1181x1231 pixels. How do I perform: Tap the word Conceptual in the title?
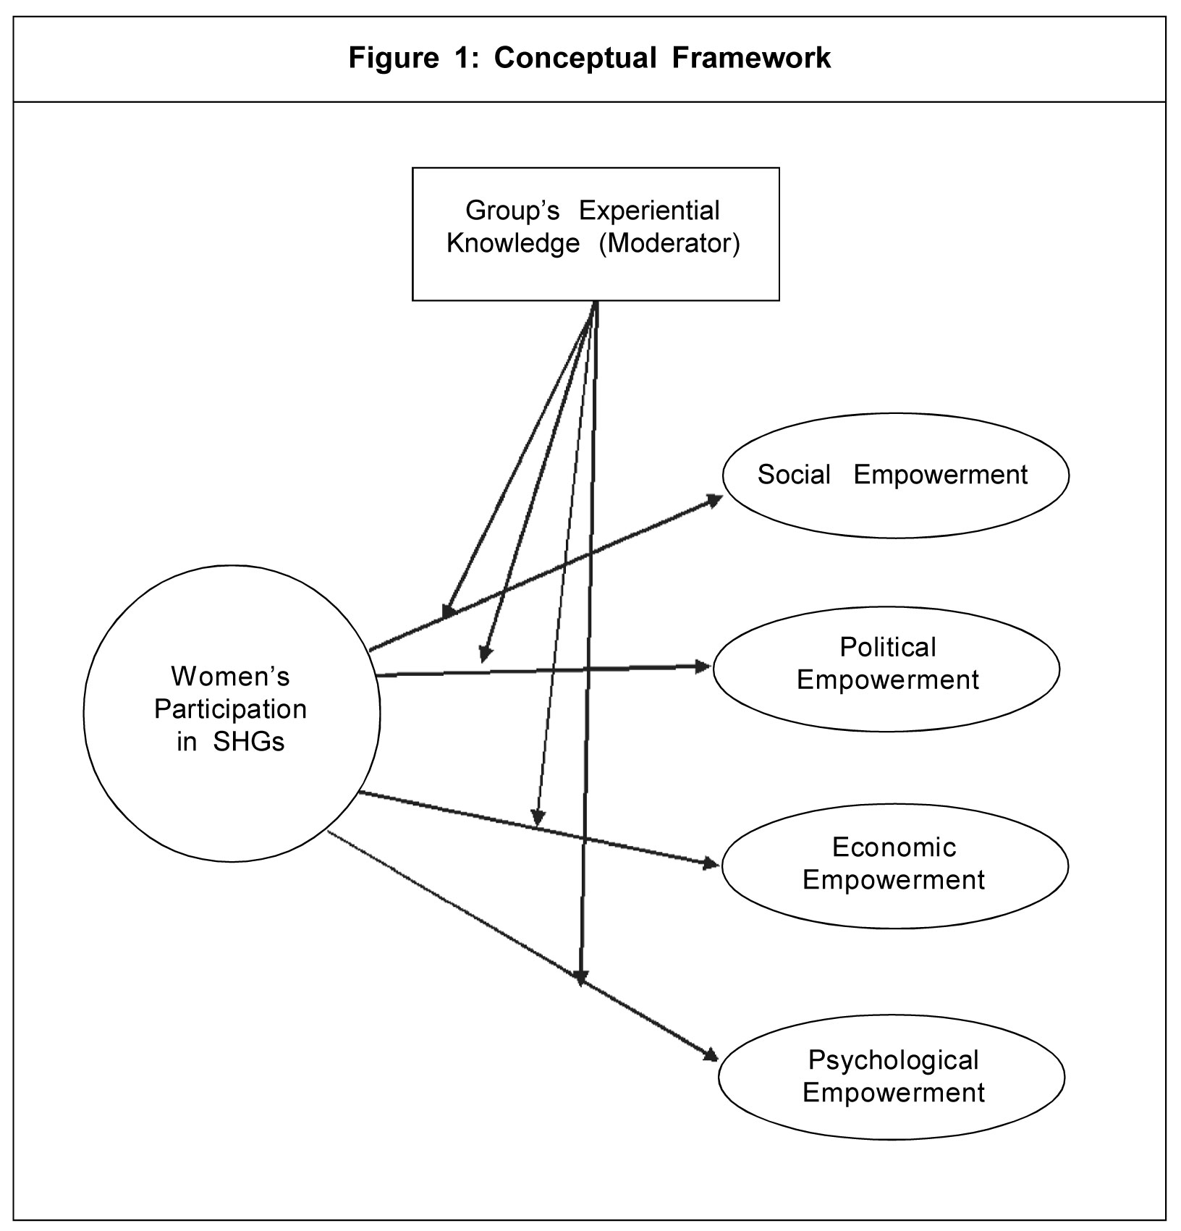pos(575,58)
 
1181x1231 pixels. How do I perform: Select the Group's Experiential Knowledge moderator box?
pos(595,234)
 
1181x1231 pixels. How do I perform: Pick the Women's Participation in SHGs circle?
pos(232,713)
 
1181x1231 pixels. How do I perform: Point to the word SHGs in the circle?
pos(249,743)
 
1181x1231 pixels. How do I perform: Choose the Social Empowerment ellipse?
pos(895,475)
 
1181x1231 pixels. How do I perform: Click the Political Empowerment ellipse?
pos(886,669)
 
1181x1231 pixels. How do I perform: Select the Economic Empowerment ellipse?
pos(894,866)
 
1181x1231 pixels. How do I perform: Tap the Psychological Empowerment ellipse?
pos(892,1076)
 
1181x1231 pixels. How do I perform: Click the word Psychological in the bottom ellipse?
pos(893,1060)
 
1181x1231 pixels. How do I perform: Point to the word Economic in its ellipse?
pos(894,847)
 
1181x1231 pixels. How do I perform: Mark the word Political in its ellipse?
pos(887,647)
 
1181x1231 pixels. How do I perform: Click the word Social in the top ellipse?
pos(794,475)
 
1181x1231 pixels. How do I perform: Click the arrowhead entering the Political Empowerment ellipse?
pos(703,667)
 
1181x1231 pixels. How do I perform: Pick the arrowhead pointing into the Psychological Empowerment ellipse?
pos(709,1057)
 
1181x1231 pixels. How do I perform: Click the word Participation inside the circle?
pos(230,709)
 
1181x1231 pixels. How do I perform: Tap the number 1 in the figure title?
pos(462,58)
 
